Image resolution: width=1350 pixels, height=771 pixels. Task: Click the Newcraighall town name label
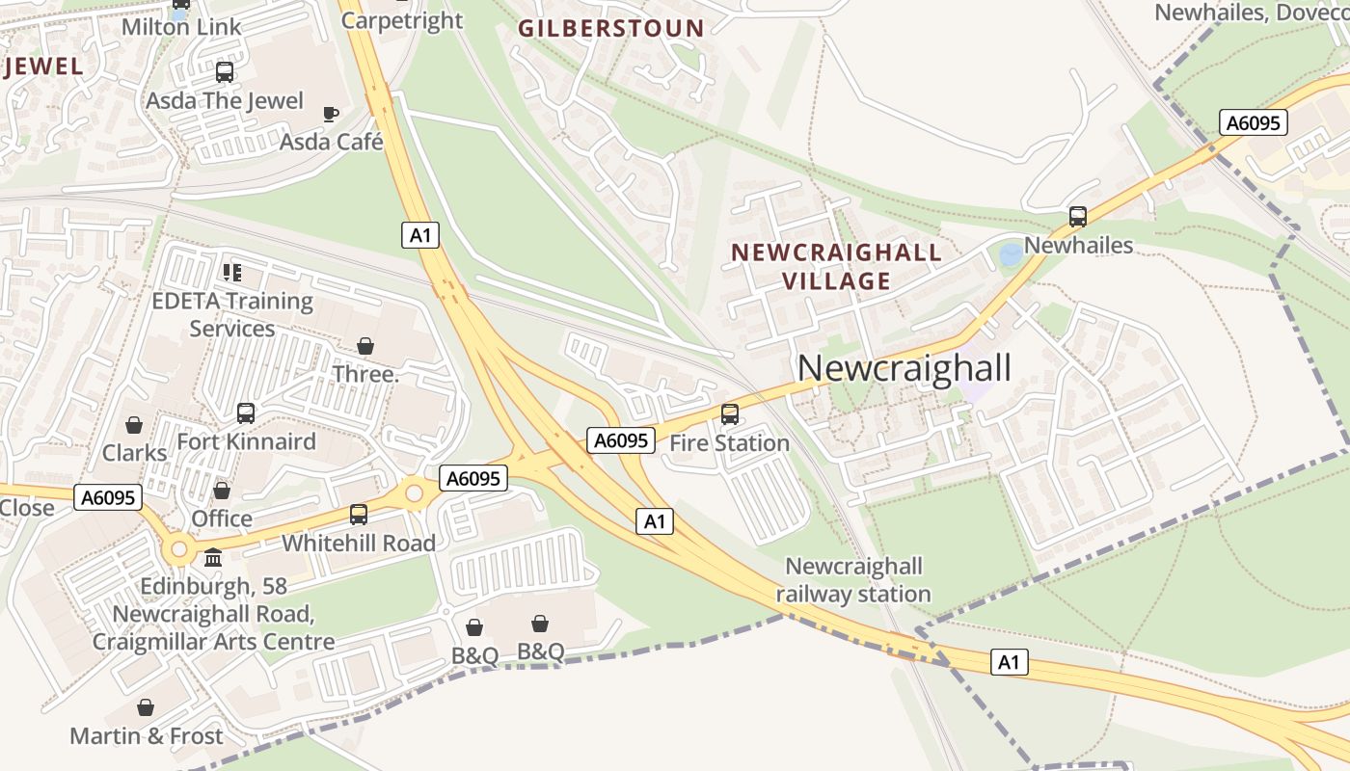(904, 368)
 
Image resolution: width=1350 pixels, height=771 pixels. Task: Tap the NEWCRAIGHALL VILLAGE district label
(836, 267)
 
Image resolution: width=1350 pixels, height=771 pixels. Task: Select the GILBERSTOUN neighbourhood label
(611, 28)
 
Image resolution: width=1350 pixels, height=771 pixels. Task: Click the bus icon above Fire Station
(730, 414)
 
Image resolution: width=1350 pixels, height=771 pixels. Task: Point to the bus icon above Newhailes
(1078, 217)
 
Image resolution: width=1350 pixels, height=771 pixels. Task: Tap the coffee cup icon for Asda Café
(331, 115)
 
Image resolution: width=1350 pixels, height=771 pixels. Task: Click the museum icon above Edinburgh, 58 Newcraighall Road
(213, 558)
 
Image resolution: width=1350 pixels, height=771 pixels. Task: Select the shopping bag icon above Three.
(365, 345)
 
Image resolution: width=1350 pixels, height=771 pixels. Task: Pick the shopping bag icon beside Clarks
(134, 425)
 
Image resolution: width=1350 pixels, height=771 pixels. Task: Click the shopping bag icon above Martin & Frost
(146, 708)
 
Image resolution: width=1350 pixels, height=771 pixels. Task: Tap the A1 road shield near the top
(420, 234)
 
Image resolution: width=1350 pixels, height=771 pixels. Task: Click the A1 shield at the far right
(1009, 662)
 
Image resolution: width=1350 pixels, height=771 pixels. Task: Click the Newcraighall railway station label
(853, 580)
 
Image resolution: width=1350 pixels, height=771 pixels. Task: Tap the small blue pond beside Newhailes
(1011, 255)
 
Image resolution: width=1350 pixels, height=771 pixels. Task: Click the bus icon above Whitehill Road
(359, 514)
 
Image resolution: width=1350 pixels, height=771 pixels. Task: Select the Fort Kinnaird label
(246, 441)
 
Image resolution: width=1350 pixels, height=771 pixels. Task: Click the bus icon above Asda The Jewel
(225, 72)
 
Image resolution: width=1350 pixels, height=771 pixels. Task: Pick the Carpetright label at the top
(402, 19)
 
